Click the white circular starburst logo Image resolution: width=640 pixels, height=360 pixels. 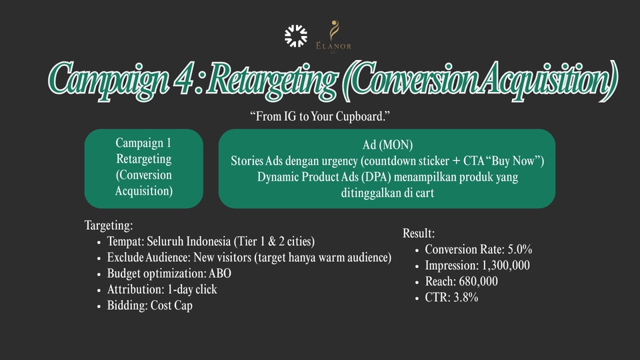[x=296, y=36]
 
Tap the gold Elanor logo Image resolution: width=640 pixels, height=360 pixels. [x=333, y=36]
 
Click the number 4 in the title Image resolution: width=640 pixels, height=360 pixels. [x=183, y=79]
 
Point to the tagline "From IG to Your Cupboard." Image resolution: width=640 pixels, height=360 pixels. [x=320, y=116]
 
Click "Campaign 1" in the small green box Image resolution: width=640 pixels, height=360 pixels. [x=143, y=143]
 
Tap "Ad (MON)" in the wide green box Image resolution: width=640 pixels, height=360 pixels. [x=387, y=145]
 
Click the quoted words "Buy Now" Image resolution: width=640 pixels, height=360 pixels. [x=512, y=161]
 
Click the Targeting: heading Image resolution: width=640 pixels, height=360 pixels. [x=109, y=225]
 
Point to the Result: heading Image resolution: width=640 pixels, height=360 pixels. [x=419, y=233]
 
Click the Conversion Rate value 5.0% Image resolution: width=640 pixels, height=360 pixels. [x=519, y=249]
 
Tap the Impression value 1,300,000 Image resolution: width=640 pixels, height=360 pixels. [x=506, y=265]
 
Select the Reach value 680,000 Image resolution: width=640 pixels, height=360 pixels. [x=478, y=281]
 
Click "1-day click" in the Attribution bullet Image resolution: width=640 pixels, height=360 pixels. [x=192, y=289]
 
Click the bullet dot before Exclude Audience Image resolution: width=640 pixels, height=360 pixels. [x=99, y=259]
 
